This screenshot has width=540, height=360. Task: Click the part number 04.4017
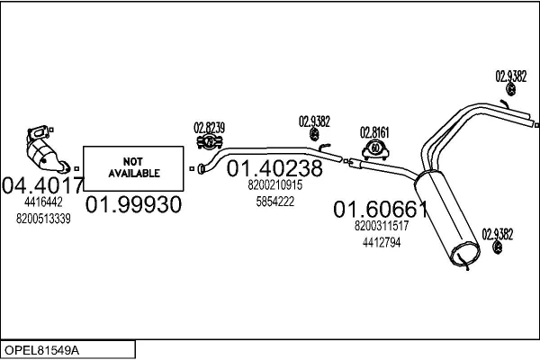(42, 185)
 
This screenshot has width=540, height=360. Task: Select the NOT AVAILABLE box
(133, 168)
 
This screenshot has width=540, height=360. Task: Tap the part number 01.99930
(133, 204)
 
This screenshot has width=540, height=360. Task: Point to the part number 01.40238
(274, 168)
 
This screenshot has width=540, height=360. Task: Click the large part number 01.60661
(381, 209)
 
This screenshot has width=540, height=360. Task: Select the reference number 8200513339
(43, 219)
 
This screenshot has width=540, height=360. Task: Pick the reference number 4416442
(43, 202)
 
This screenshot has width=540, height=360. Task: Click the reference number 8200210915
(274, 185)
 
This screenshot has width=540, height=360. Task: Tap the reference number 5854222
(274, 202)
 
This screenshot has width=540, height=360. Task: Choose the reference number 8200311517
(382, 226)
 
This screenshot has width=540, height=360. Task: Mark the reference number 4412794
(382, 242)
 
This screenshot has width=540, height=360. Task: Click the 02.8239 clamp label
(209, 128)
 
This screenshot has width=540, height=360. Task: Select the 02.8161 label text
(374, 132)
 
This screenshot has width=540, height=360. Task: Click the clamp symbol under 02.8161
(375, 149)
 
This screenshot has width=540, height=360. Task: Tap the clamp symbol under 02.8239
(210, 141)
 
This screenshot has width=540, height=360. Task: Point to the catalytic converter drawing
(47, 149)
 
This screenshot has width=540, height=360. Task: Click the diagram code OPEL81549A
(41, 350)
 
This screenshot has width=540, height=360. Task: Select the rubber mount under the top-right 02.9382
(510, 89)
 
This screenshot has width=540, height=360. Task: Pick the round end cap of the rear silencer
(465, 254)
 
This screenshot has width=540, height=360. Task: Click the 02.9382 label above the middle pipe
(314, 121)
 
